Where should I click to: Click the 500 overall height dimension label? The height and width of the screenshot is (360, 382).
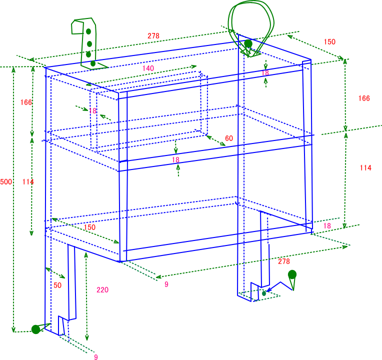(x=6, y=182)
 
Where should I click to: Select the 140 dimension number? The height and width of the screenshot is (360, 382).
(x=148, y=68)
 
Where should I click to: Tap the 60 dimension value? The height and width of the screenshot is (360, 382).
(x=229, y=138)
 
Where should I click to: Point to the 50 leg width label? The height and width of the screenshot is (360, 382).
(x=57, y=285)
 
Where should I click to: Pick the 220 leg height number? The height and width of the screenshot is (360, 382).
(x=102, y=290)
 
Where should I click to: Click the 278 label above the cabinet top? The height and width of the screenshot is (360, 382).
(x=153, y=36)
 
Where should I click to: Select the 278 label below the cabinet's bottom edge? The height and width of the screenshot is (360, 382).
(x=284, y=261)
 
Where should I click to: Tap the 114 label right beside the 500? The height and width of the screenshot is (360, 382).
(x=28, y=182)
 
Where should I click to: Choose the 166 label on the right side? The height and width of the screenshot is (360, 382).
(x=364, y=98)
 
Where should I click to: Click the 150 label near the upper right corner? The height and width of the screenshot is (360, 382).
(x=329, y=42)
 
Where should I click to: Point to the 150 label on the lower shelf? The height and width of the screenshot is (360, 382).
(x=89, y=227)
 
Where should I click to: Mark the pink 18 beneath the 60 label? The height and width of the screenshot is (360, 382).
(x=175, y=160)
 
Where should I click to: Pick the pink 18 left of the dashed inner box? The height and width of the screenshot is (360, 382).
(x=93, y=111)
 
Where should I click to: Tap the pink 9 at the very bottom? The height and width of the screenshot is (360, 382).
(x=96, y=357)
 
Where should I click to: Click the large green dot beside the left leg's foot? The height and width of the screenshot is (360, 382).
(x=35, y=329)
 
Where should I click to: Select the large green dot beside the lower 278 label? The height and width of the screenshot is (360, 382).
(x=292, y=274)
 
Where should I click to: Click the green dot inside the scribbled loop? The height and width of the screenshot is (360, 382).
(x=248, y=43)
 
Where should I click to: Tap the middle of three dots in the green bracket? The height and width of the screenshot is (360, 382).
(x=89, y=44)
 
